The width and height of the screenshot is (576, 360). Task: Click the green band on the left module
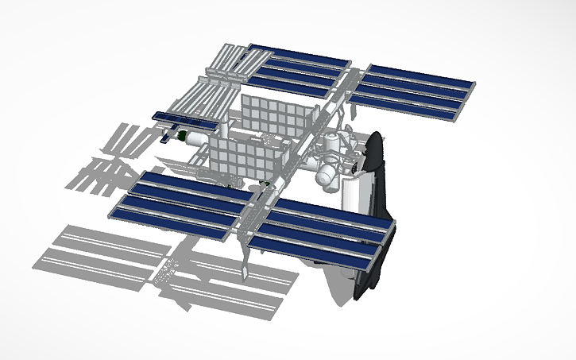tap(181, 138)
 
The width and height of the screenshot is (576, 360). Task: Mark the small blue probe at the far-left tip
tap(165, 137)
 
